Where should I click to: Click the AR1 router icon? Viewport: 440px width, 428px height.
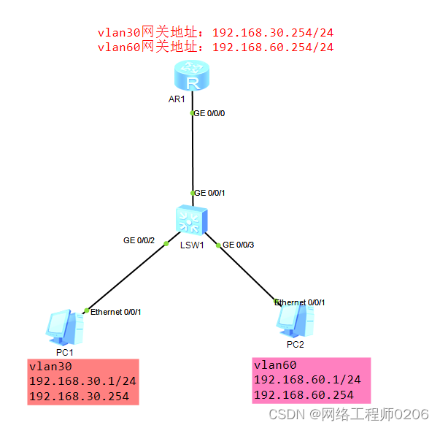[193, 76]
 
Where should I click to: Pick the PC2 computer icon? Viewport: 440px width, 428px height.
[296, 318]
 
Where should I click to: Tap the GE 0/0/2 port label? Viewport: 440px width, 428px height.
[139, 240]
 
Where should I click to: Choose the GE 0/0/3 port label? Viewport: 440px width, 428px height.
[239, 245]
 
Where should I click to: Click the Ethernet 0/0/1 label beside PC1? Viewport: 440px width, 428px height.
[115, 312]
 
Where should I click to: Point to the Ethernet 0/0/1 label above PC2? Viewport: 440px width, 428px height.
[300, 302]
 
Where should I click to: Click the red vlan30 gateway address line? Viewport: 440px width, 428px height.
[216, 32]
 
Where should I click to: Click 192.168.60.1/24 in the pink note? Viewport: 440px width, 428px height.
[307, 380]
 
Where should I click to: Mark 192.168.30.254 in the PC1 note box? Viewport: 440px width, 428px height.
[78, 397]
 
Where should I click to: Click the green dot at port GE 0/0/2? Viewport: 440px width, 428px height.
[166, 242]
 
